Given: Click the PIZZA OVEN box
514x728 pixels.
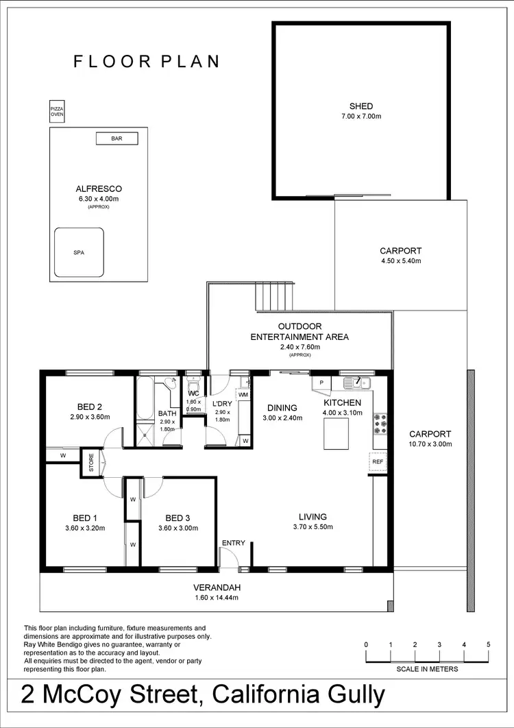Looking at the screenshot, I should click(57, 112).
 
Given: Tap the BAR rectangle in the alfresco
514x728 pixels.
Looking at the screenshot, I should click(117, 138).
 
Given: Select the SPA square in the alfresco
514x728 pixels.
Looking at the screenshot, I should click(79, 252).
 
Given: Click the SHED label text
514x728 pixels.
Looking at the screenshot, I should click(361, 106).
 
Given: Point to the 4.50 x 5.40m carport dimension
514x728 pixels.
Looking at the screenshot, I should click(401, 261).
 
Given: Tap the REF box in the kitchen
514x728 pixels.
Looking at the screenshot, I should click(378, 462).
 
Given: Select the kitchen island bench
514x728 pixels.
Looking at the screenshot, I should click(336, 433).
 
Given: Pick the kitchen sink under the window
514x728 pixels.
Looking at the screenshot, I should click(356, 383).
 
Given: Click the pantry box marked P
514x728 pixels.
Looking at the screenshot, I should click(321, 383).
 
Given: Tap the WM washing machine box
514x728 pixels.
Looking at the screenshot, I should click(243, 395).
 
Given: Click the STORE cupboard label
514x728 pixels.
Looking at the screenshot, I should click(90, 463).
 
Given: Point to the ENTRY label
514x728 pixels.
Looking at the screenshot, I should click(233, 543).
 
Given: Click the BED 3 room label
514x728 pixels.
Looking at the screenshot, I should click(178, 518).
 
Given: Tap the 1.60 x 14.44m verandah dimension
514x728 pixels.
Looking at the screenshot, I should click(217, 598).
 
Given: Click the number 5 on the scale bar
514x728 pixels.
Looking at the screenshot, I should click(488, 645).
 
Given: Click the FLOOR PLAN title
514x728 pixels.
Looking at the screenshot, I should click(147, 61).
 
